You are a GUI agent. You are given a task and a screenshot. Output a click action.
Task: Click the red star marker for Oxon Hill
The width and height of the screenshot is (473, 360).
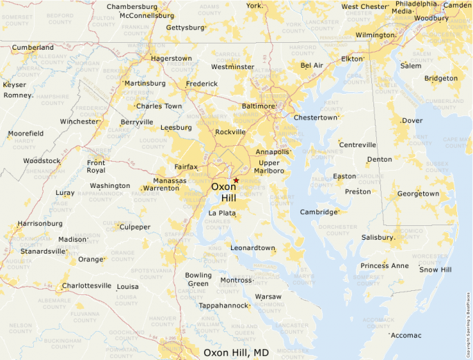pos(236,180)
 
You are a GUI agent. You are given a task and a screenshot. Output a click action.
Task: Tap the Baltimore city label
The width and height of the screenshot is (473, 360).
pos(257,106)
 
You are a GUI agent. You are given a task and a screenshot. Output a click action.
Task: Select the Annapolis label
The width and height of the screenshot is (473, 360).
pos(272,151)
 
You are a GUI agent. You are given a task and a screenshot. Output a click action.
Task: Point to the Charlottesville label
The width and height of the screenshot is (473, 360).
pos(86,285)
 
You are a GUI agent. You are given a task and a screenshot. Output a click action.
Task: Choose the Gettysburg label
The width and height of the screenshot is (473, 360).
pos(185,28)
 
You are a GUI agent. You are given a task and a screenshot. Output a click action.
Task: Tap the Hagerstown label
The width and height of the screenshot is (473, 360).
pos(171,59)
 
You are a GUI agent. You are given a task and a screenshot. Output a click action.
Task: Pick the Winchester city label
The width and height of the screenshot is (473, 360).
pos(80,122)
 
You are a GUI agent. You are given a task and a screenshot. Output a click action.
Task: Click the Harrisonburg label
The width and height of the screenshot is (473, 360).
pos(39,224)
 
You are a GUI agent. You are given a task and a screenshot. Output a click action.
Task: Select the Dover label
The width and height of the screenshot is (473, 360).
pos(412,120)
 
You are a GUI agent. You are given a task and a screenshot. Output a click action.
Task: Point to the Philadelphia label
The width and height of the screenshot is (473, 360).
pos(416,3)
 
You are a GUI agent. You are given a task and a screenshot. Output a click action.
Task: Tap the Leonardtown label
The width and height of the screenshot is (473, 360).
pos(252,247)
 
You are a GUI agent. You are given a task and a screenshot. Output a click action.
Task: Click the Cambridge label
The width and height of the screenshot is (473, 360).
pos(318,212)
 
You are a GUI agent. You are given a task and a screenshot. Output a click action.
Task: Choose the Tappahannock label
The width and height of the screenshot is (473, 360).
pos(223,305)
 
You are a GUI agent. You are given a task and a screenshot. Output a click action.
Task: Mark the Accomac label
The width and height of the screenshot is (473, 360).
pos(406,335)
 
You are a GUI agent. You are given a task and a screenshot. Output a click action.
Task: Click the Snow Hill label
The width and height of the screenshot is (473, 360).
pos(436,269)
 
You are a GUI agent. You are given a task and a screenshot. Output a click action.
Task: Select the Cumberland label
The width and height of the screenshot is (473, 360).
pos(33,48)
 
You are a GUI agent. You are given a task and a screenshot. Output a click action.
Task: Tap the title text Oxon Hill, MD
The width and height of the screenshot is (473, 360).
pos(236,352)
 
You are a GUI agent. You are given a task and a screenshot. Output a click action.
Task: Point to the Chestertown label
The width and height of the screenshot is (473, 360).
pos(315,117)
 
